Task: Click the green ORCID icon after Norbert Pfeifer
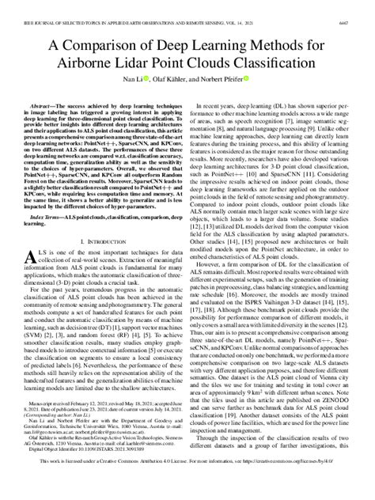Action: coord(248,80)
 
